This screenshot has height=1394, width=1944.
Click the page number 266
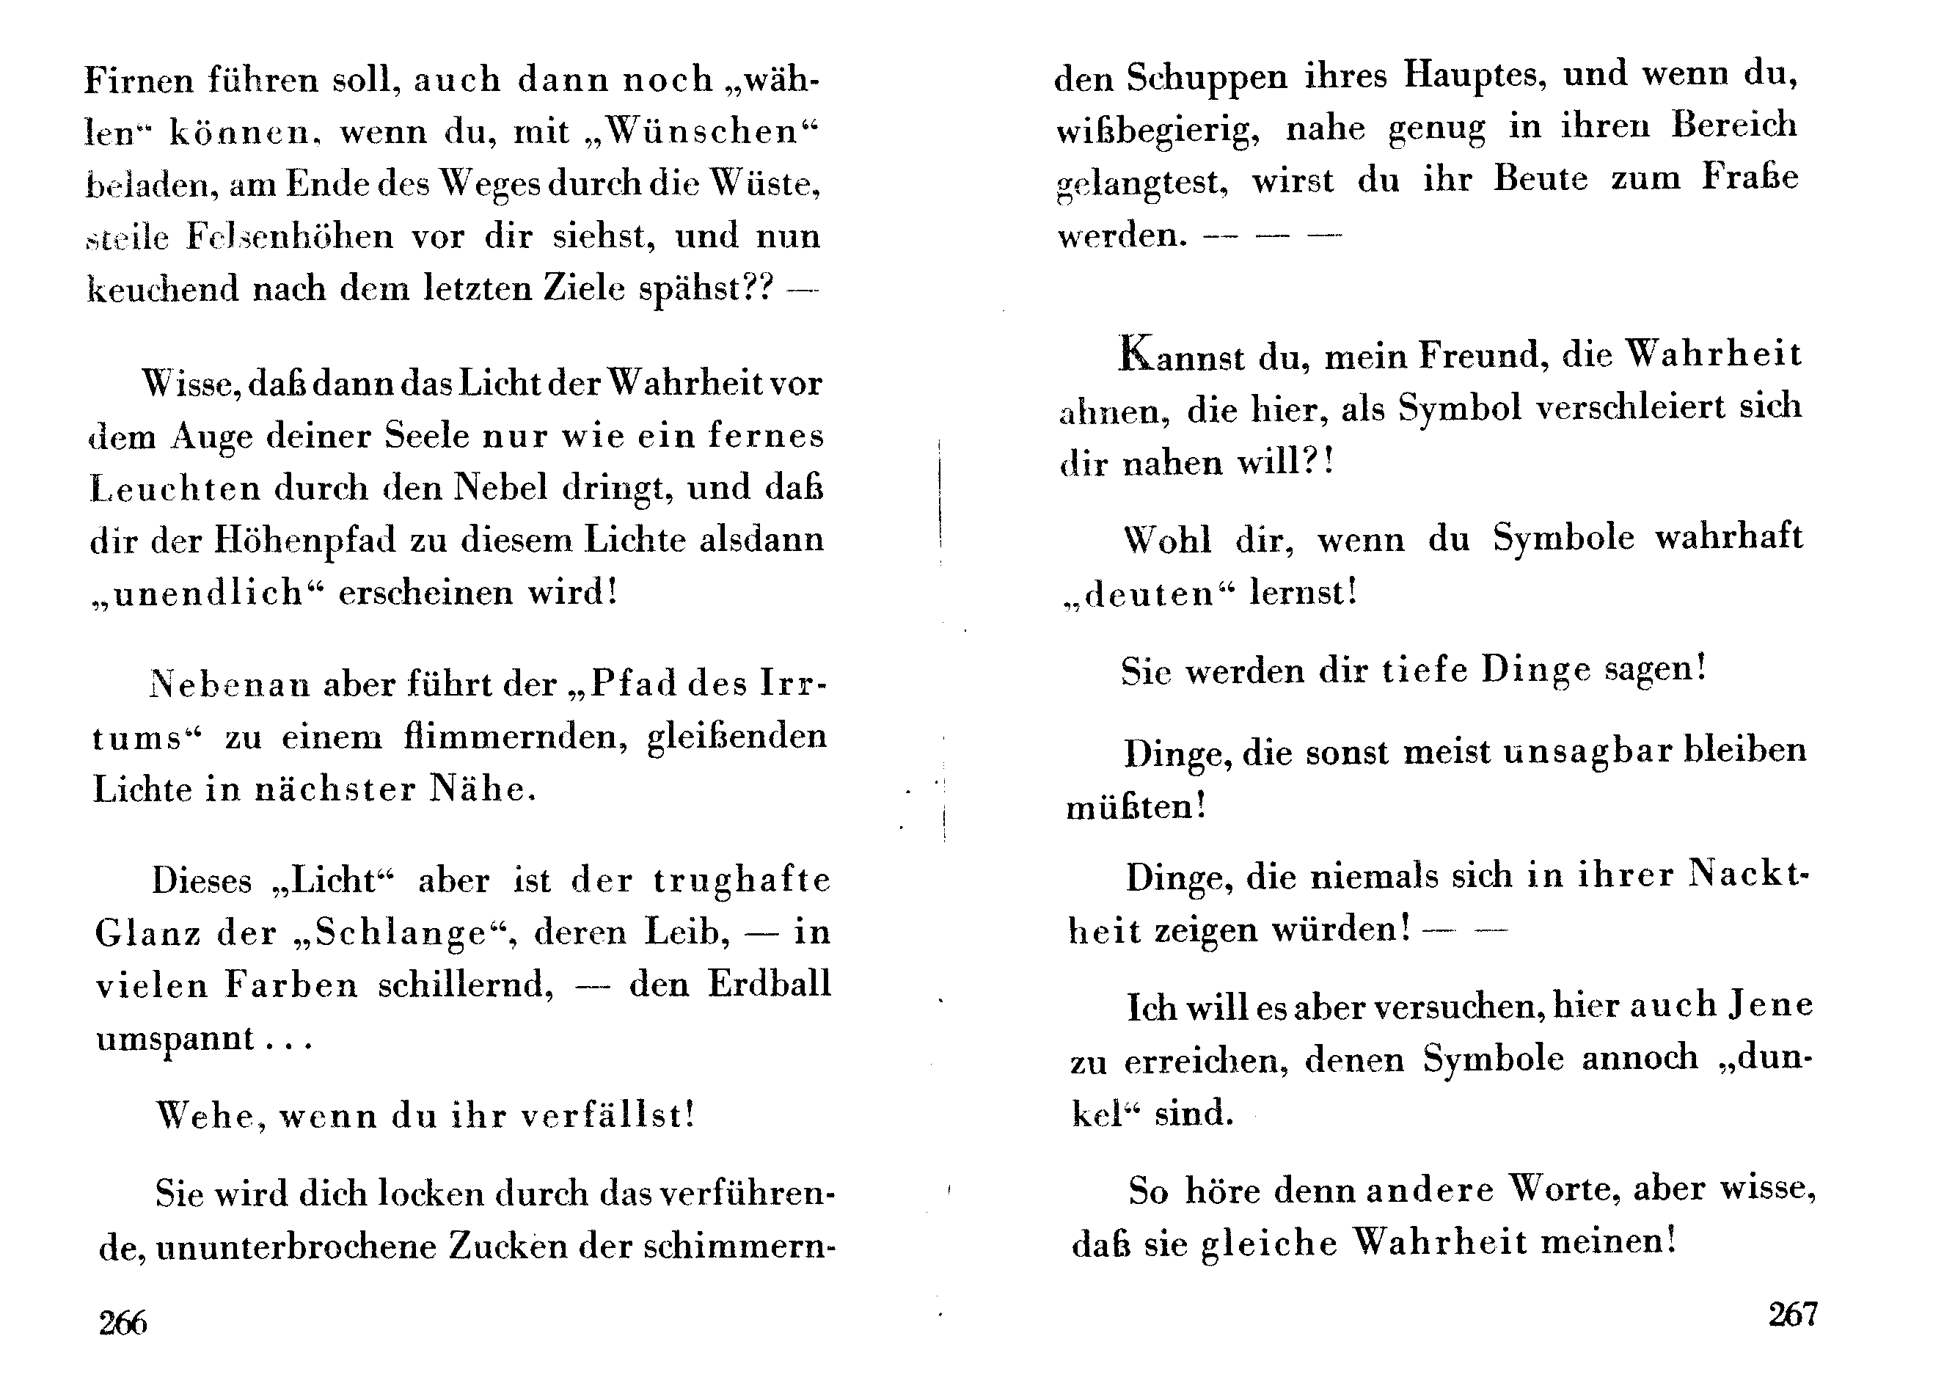pyautogui.click(x=123, y=1323)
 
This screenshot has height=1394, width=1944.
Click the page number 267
pyautogui.click(x=1792, y=1314)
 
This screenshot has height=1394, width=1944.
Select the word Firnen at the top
pyautogui.click(x=139, y=80)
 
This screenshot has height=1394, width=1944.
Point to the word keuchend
pyautogui.click(x=163, y=290)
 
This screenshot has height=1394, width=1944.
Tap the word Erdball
pyautogui.click(x=769, y=984)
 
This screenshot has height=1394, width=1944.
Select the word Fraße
pyautogui.click(x=1750, y=178)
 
